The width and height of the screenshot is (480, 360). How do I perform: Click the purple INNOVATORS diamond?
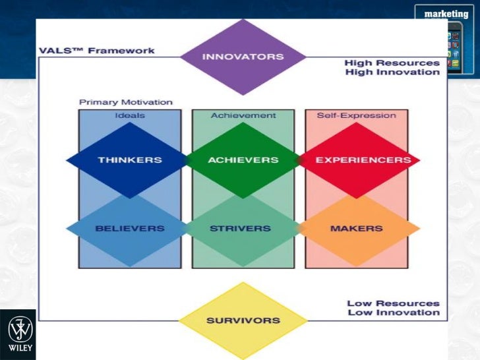pyautogui.click(x=243, y=56)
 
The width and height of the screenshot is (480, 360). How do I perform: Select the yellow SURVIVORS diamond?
pyautogui.click(x=243, y=321)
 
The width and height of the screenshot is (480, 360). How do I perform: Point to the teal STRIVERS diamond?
pyautogui.click(x=240, y=228)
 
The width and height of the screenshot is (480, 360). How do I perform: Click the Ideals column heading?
pyautogui.click(x=130, y=115)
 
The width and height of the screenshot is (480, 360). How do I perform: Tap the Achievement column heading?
pyautogui.click(x=243, y=115)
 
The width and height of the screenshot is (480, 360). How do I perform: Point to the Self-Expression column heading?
pyautogui.click(x=356, y=115)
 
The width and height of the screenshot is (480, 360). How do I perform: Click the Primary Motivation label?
pyautogui.click(x=125, y=102)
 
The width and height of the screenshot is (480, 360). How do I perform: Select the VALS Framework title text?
pyautogui.click(x=96, y=50)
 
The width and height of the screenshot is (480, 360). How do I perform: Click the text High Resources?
pyautogui.click(x=392, y=63)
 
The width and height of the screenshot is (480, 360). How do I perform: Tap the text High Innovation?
pyautogui.click(x=392, y=72)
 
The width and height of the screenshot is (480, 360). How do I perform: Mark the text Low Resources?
pyautogui.click(x=393, y=303)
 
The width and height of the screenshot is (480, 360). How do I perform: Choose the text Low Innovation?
pyautogui.click(x=393, y=313)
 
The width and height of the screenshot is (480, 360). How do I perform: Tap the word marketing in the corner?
pyautogui.click(x=446, y=14)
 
